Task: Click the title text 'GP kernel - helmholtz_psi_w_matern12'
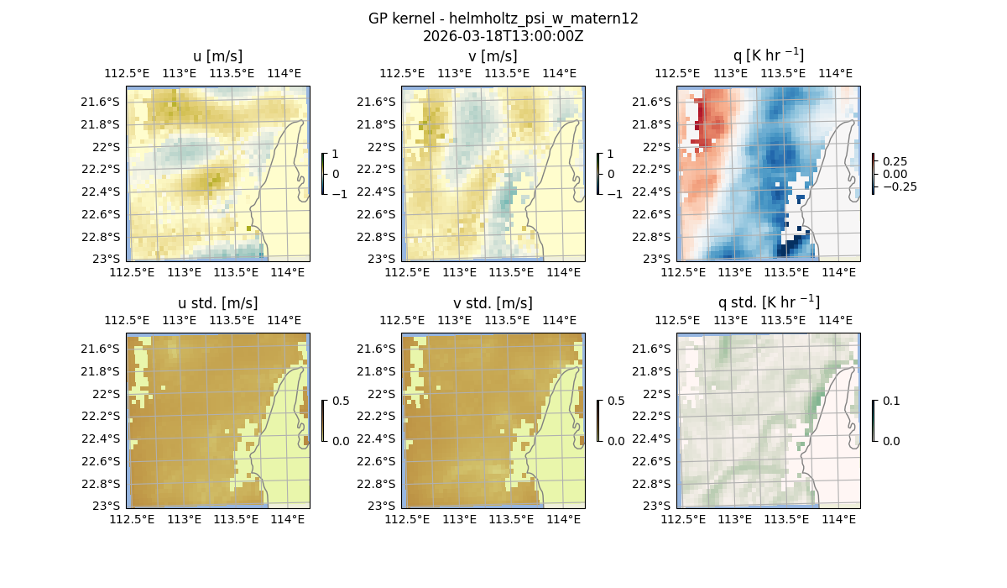(x=503, y=18)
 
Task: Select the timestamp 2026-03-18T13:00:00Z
(x=503, y=36)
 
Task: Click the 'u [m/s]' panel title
(x=217, y=56)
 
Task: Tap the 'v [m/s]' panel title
(x=493, y=56)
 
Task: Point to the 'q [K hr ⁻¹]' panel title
(x=768, y=55)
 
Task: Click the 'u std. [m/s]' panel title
(x=217, y=303)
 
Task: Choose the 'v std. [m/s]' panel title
(x=493, y=303)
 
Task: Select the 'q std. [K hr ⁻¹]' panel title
(x=768, y=302)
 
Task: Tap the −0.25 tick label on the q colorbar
(x=899, y=186)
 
